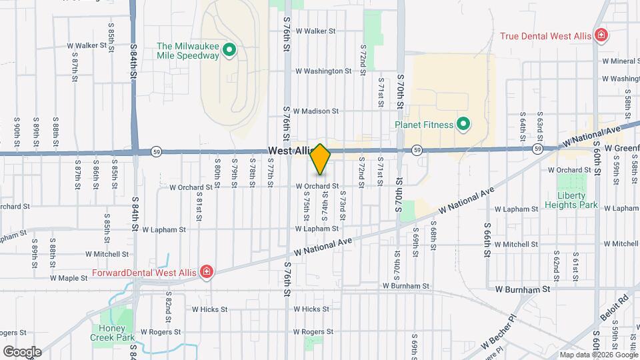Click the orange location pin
[320, 159]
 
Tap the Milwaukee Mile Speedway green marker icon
[229, 49]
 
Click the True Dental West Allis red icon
[601, 35]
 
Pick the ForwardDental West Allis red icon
[207, 271]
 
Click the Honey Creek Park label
[107, 333]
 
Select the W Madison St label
[317, 111]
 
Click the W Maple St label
[70, 277]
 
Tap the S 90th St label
[17, 132]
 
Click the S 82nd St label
[169, 304]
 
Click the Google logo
[22, 351]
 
